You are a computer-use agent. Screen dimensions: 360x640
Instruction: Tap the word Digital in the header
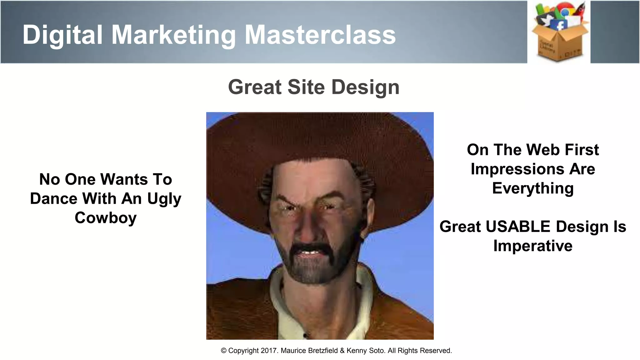click(62, 35)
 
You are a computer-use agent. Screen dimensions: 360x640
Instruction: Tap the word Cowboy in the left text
click(106, 218)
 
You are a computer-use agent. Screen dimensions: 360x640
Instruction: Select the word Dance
click(53, 199)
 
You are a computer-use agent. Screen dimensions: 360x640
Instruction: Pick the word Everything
click(533, 188)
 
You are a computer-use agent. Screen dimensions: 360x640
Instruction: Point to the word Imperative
click(533, 246)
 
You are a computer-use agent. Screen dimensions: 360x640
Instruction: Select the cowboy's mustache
click(308, 247)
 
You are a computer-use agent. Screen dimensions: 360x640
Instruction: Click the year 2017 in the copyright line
click(269, 351)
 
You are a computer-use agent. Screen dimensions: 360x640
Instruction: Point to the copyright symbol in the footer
click(223, 351)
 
